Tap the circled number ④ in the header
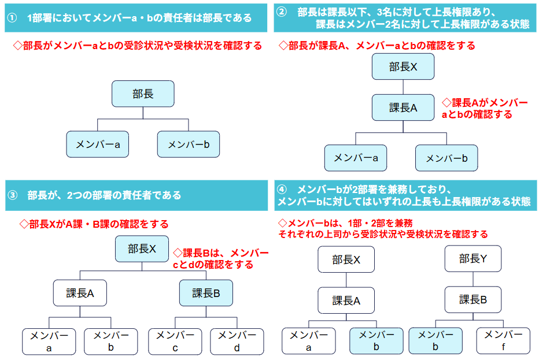282,190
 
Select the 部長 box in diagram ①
142,94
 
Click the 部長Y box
473,258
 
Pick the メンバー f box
503,341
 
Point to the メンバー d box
237,341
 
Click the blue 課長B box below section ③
206,293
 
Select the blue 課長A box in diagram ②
403,107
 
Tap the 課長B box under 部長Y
473,299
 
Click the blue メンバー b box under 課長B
435,341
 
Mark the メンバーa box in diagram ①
98,144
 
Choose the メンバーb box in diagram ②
446,158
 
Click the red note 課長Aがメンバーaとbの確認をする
485,108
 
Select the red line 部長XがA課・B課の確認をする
94,224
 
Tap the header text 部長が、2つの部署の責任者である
104,195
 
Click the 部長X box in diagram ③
142,249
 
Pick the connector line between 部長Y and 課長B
473,279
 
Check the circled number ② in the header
282,12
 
